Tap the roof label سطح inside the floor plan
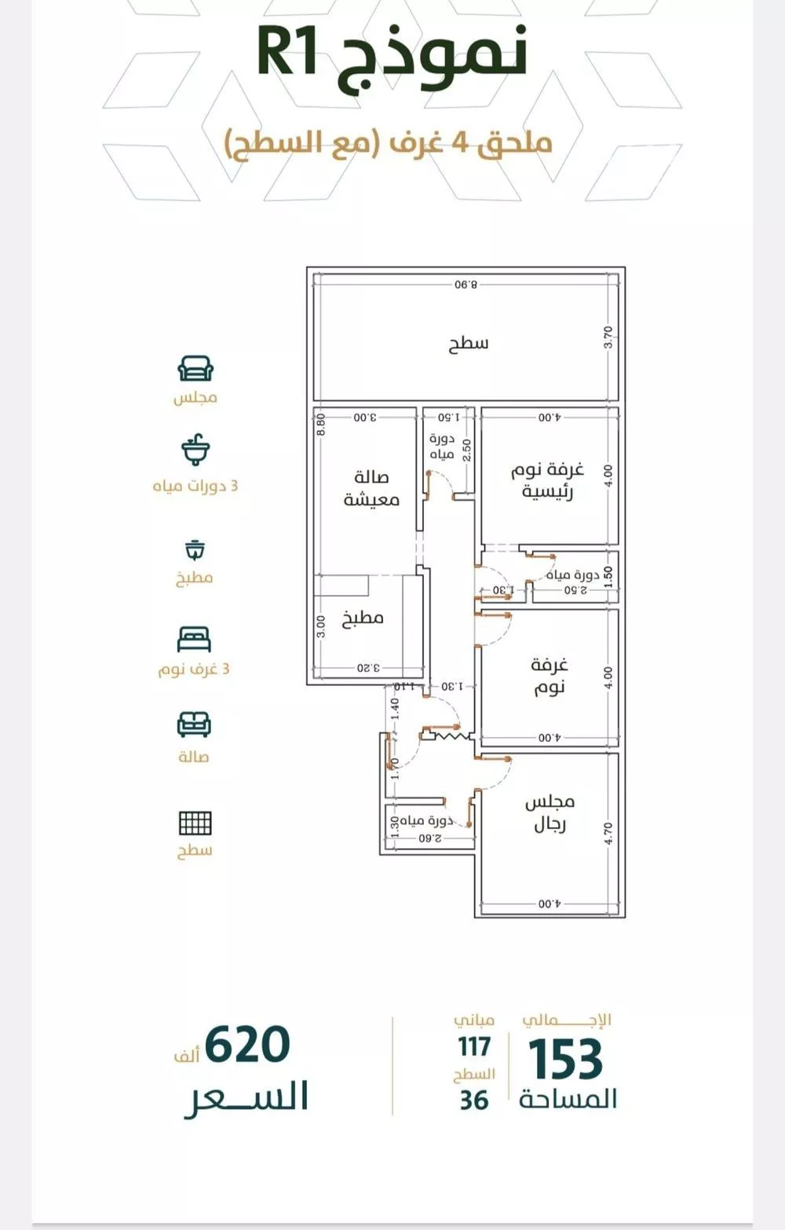click(x=468, y=344)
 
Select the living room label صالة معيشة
click(x=371, y=488)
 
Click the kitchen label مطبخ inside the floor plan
click(x=363, y=619)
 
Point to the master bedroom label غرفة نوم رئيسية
click(x=547, y=480)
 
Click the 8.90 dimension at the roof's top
click(x=466, y=284)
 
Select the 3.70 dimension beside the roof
click(x=607, y=337)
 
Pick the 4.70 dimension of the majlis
click(x=607, y=834)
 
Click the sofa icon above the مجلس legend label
click(x=195, y=368)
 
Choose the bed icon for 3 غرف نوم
click(x=195, y=639)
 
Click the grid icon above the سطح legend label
click(x=195, y=823)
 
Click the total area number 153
click(x=566, y=1057)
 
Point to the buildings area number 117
click(x=475, y=1046)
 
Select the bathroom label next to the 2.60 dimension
click(x=427, y=820)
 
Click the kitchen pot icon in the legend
click(x=195, y=549)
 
